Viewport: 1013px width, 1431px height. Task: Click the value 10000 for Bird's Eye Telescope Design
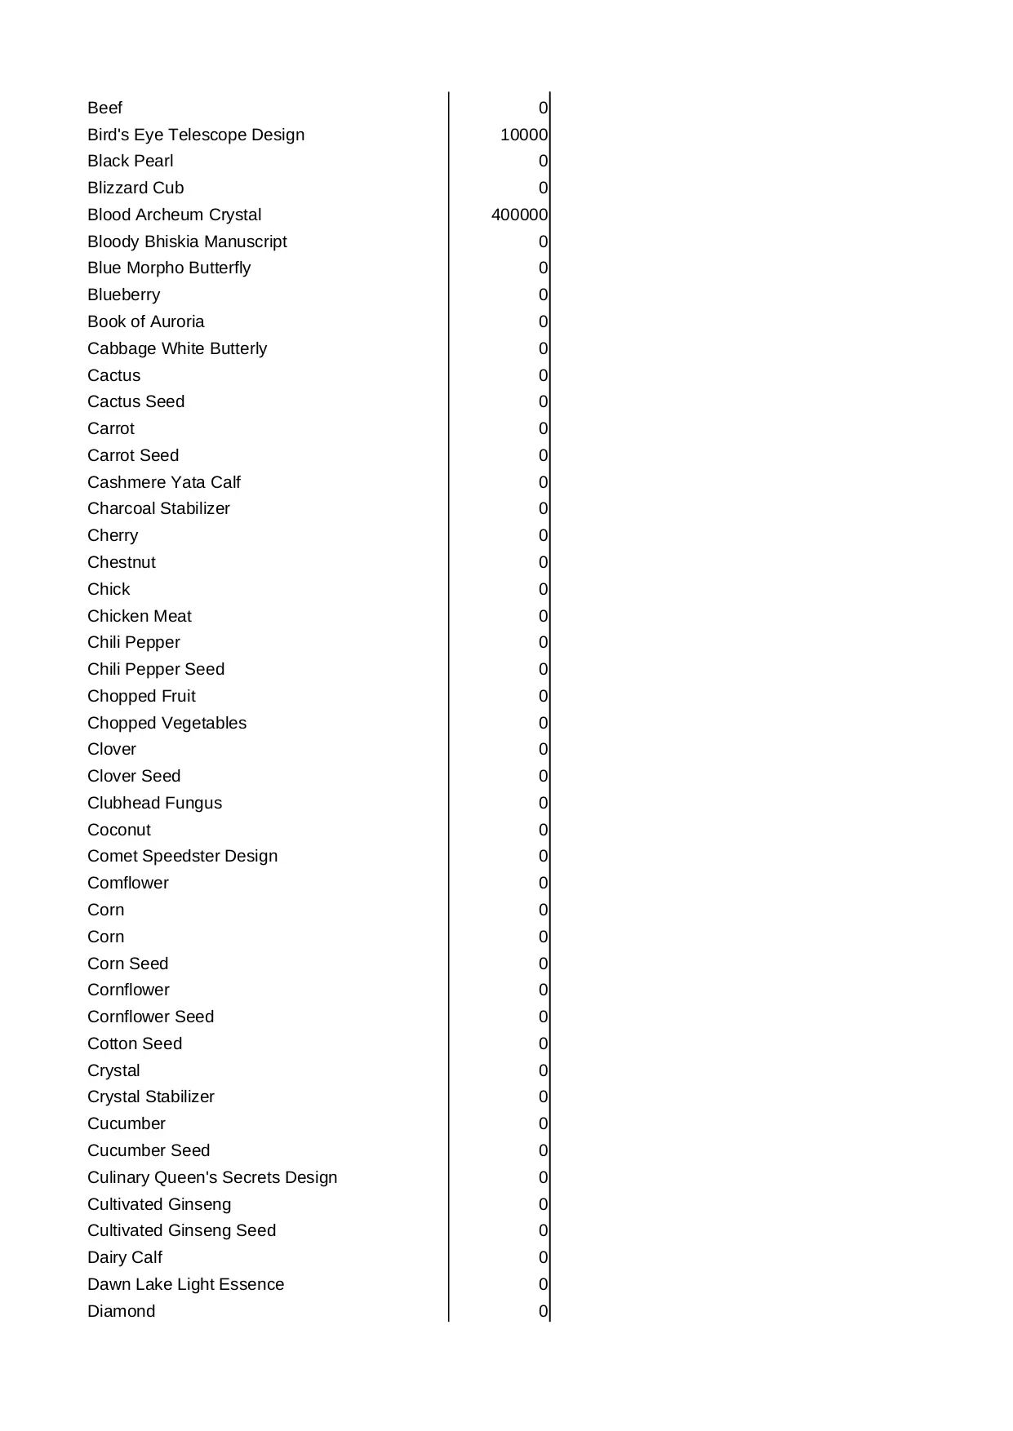[523, 135]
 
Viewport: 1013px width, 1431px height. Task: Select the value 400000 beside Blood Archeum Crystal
[519, 215]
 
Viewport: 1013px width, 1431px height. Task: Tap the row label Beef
[104, 108]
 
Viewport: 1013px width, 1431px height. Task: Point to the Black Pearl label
[130, 161]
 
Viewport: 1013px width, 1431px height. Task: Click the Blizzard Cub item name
[136, 188]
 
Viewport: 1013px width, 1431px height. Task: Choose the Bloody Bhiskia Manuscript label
[187, 241]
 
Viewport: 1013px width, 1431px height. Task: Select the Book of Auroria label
[145, 321]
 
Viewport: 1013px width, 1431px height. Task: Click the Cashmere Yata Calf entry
[163, 482]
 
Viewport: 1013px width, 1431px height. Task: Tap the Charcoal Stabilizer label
[158, 508]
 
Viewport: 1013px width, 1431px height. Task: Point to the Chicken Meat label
[139, 616]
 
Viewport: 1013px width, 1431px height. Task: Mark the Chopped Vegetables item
[167, 723]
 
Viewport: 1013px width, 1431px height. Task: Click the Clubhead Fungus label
[154, 803]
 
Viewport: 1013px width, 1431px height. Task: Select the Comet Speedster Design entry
[182, 856]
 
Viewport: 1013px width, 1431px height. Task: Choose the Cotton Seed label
[135, 1043]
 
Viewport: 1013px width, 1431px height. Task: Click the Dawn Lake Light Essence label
[185, 1284]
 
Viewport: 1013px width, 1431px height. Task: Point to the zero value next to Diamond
[543, 1311]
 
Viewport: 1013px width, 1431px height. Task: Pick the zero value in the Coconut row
[543, 830]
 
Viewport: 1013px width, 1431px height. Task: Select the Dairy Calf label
[124, 1257]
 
